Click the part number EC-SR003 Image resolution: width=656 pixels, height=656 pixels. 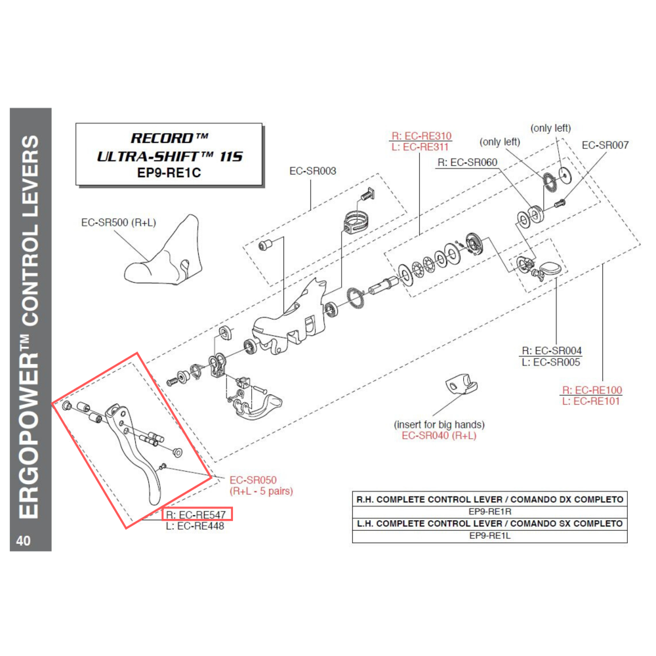click(313, 171)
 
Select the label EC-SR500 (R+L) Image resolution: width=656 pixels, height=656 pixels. click(118, 222)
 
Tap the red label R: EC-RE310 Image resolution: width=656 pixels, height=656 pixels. click(421, 136)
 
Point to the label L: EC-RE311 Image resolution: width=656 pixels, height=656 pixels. click(421, 147)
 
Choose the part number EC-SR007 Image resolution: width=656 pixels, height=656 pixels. click(605, 145)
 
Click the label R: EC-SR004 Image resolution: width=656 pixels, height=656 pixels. click(552, 351)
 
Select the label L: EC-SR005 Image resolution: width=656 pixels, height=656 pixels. click(552, 362)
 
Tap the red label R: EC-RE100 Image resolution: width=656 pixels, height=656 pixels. click(592, 390)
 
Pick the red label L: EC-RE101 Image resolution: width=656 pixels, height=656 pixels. click(592, 401)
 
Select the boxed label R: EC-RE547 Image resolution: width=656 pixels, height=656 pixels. click(196, 515)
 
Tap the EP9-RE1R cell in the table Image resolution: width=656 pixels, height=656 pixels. click(489, 511)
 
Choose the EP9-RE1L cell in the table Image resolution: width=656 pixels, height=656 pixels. click(489, 535)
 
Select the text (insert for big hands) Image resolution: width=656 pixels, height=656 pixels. click(439, 425)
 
